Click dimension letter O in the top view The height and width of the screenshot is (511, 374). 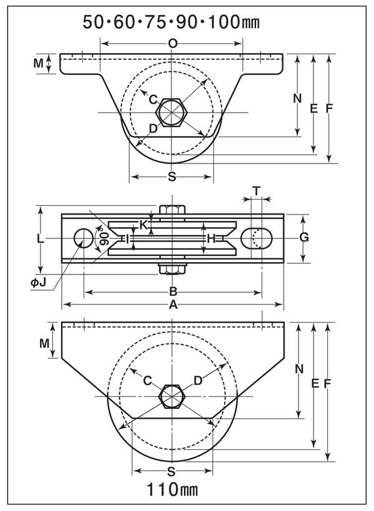pyautogui.click(x=173, y=43)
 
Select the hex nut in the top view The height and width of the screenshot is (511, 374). pyautogui.click(x=171, y=113)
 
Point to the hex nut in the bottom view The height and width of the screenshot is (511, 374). pyautogui.click(x=171, y=397)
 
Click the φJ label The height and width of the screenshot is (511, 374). pyautogui.click(x=39, y=283)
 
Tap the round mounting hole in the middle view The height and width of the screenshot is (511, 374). pyautogui.click(x=83, y=238)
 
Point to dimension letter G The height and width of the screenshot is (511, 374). pyautogui.click(x=304, y=237)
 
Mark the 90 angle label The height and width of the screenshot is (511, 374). pyautogui.click(x=103, y=238)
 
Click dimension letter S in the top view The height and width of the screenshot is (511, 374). pyautogui.click(x=172, y=177)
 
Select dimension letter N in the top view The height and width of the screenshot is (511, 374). pyautogui.click(x=297, y=98)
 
